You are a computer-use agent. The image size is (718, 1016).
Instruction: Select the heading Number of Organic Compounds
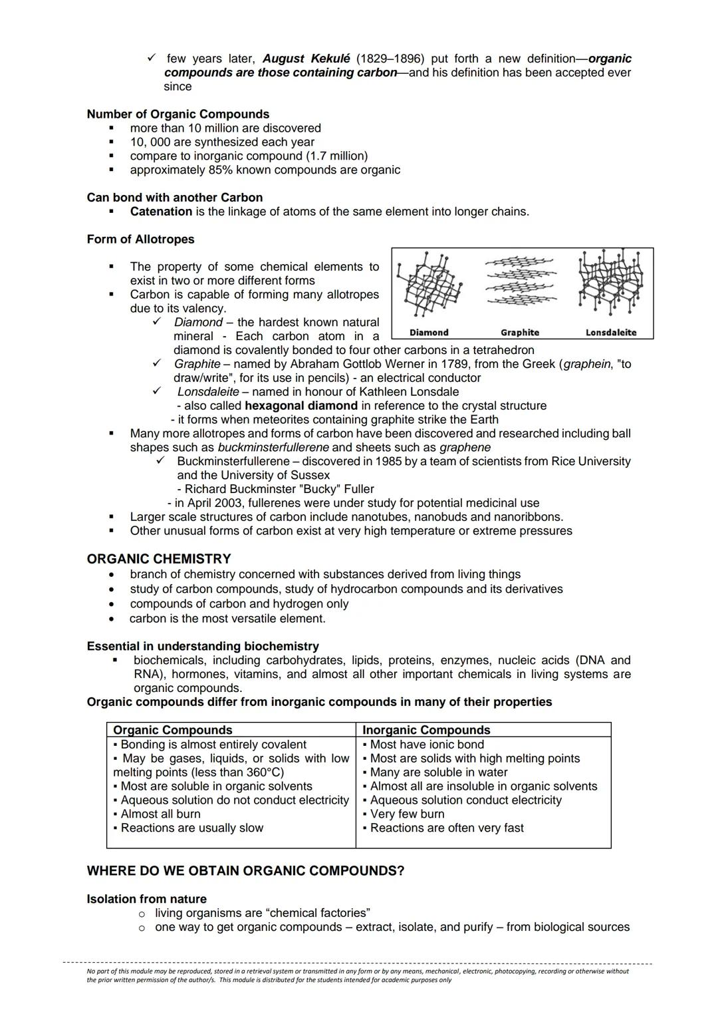click(178, 114)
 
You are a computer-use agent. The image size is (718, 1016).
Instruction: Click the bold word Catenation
click(161, 212)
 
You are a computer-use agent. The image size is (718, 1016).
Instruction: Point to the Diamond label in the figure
click(429, 332)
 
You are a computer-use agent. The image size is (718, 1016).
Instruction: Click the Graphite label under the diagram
click(519, 332)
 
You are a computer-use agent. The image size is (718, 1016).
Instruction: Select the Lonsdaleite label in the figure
click(610, 332)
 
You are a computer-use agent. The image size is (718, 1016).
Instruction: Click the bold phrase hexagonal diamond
click(301, 405)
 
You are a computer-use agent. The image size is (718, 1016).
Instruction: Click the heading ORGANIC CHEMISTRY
click(159, 559)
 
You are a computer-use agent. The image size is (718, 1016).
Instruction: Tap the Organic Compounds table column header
click(173, 730)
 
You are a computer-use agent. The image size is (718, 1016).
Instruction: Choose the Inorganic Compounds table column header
click(426, 730)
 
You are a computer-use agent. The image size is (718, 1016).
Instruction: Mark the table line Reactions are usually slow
click(191, 828)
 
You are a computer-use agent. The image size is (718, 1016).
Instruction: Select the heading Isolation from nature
click(146, 899)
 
